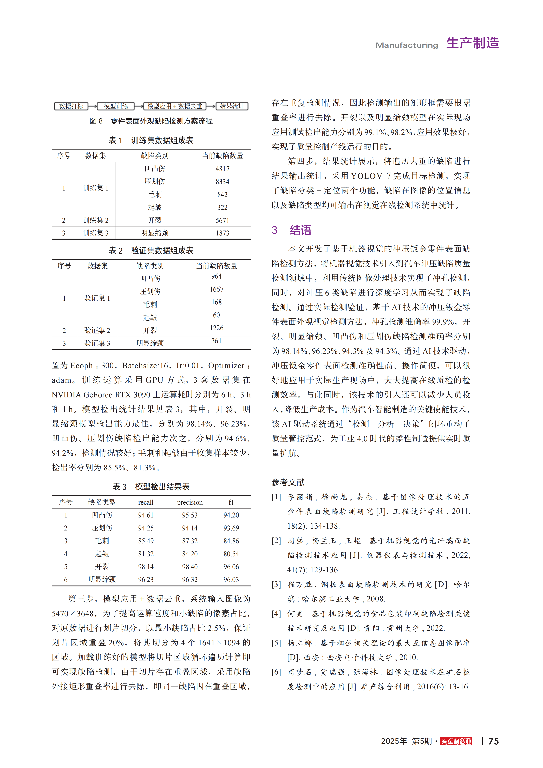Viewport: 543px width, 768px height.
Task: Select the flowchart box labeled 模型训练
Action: [x=116, y=106]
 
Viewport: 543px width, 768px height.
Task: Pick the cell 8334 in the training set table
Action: [x=223, y=182]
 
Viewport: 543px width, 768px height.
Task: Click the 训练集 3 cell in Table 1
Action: [x=96, y=233]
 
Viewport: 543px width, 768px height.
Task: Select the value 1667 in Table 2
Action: [x=217, y=289]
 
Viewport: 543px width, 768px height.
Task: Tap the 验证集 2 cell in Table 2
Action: [x=97, y=331]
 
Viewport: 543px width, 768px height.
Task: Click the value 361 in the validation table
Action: [x=217, y=341]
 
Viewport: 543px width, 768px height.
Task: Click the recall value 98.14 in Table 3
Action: [x=146, y=567]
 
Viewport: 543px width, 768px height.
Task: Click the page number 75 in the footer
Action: [x=493, y=741]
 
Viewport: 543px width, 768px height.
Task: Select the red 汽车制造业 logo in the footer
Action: [x=456, y=741]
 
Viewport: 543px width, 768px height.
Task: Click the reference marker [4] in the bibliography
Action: [x=276, y=613]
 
